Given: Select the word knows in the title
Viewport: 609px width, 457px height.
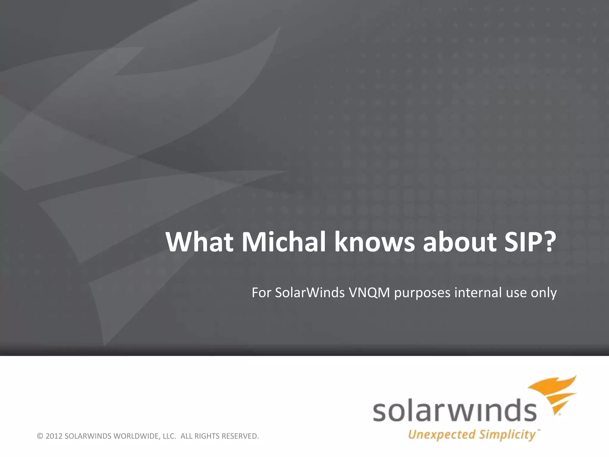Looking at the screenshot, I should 374,242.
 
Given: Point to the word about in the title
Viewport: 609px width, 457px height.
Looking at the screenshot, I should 460,242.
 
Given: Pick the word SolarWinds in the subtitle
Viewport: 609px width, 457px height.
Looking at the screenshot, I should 310,293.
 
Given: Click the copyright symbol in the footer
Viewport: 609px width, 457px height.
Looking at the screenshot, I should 40,436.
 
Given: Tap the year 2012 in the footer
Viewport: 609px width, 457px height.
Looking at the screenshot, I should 54,436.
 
